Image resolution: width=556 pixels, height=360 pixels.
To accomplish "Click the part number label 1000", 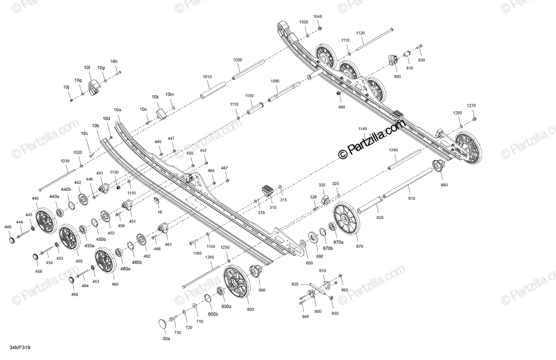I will [x=237, y=60].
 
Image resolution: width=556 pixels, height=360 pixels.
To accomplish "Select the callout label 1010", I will [x=207, y=76].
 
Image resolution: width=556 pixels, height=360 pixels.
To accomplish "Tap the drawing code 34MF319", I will [x=20, y=347].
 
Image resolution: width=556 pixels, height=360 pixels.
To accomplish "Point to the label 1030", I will [x=64, y=161].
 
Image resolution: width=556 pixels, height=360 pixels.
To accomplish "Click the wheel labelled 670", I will [x=346, y=219].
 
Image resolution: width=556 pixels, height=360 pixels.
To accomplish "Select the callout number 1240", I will [x=393, y=150].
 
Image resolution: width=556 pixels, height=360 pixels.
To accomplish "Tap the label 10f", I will [x=87, y=68].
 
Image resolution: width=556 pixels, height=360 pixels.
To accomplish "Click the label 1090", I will [x=275, y=81].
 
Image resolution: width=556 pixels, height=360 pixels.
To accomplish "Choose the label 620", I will [x=380, y=217].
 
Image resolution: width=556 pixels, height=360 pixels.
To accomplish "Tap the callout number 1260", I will [x=209, y=257].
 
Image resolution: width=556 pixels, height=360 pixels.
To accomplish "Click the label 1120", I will [x=360, y=33].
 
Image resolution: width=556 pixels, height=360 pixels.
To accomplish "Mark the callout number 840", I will [x=341, y=107].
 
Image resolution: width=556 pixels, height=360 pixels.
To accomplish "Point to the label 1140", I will [x=362, y=128].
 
